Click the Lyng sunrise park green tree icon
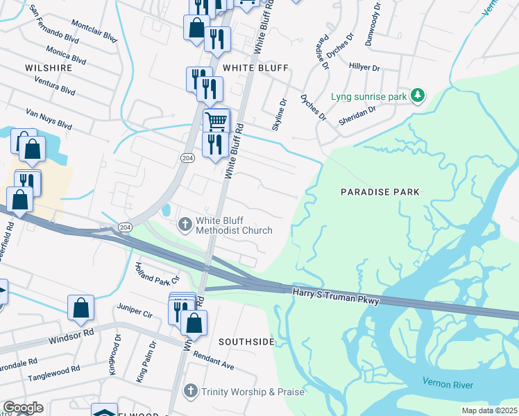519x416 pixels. (x=418, y=96)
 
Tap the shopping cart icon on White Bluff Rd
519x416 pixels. (x=216, y=121)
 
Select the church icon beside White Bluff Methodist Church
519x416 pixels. (x=185, y=224)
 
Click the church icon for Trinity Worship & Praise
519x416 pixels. (x=191, y=392)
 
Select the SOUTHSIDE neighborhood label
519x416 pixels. (x=246, y=342)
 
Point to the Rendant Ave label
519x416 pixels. (x=214, y=359)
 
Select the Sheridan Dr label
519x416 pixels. (x=358, y=114)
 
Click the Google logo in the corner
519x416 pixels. (x=23, y=408)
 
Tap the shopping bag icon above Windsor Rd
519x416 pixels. (x=81, y=307)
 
